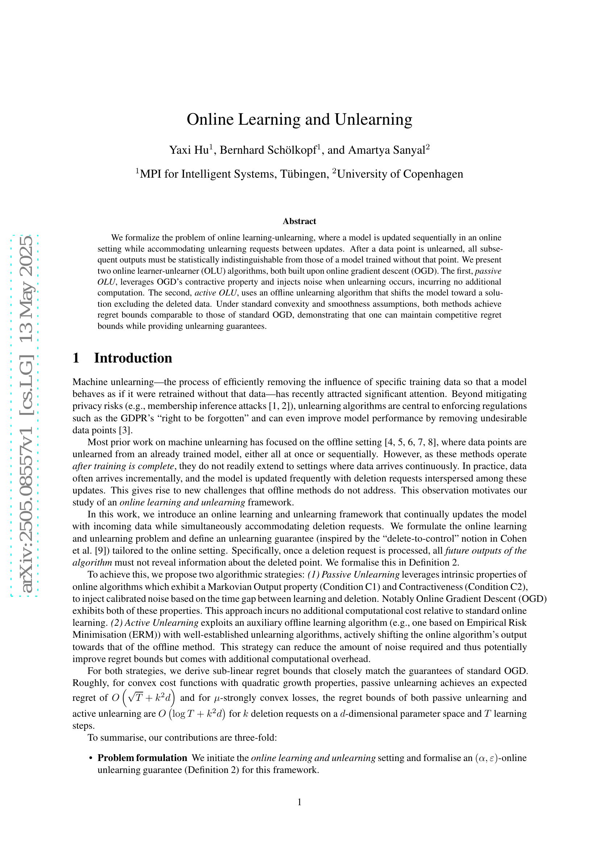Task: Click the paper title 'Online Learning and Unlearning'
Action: (x=299, y=120)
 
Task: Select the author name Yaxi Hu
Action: (x=188, y=150)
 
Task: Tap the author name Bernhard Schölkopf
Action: (x=268, y=150)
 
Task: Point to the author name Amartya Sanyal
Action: (x=386, y=150)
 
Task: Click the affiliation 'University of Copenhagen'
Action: (x=400, y=174)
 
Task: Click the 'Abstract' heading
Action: (x=299, y=221)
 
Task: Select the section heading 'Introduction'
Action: (x=133, y=358)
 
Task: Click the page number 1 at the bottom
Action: (x=299, y=802)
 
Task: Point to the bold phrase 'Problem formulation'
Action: (x=142, y=758)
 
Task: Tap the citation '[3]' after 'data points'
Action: (x=126, y=430)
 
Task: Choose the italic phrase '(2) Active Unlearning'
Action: (x=155, y=623)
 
